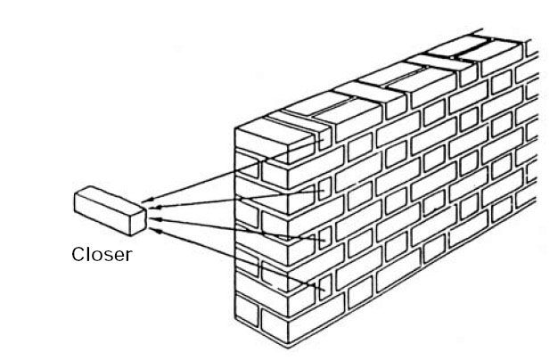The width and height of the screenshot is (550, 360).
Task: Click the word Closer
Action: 102,255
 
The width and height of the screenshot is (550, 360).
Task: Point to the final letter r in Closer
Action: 128,257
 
